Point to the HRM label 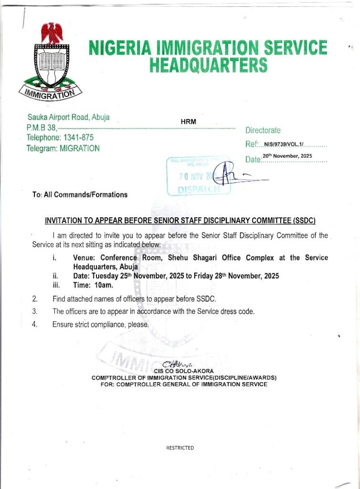(188, 122)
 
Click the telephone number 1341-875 (76, 138)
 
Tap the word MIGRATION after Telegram (80, 149)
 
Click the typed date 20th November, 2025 (287, 156)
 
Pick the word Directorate (263, 130)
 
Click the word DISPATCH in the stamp (199, 189)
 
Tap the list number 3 (34, 311)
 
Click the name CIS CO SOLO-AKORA (184, 371)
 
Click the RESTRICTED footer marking (180, 448)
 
